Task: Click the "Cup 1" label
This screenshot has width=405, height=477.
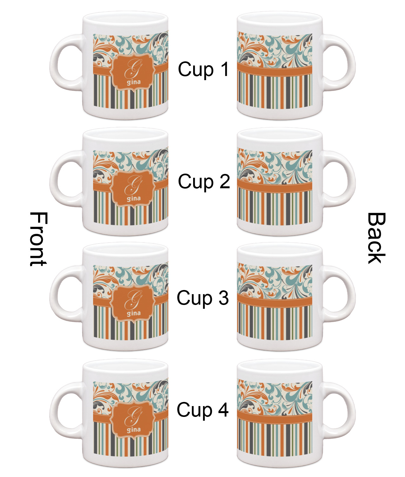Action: (x=203, y=69)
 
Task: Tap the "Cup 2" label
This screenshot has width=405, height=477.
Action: (x=204, y=182)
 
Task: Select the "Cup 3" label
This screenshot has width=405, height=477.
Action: (x=203, y=298)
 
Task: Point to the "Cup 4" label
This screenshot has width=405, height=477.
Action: (x=203, y=410)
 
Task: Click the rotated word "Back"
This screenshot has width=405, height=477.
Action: (x=376, y=238)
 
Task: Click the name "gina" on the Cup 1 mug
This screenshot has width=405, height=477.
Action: (x=133, y=82)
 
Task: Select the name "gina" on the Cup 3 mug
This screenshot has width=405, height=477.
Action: (x=133, y=313)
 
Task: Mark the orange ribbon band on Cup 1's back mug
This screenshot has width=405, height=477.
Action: (x=275, y=71)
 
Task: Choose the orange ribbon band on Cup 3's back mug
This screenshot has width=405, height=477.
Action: (x=275, y=301)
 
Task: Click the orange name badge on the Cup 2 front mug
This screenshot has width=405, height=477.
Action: (x=133, y=189)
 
